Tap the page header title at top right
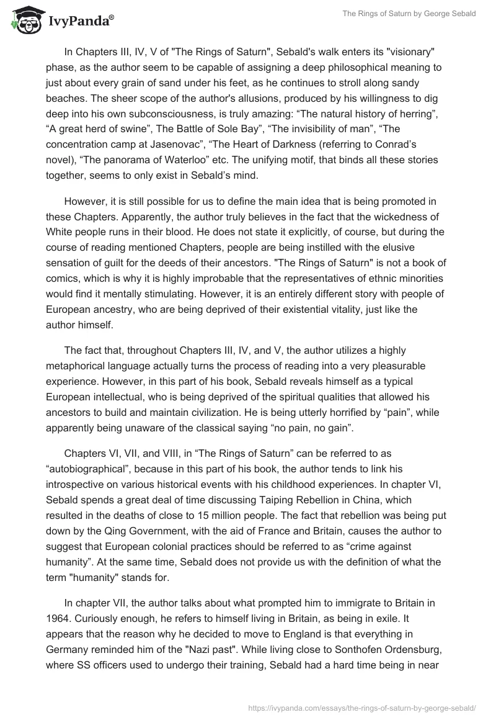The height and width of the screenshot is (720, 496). coord(409,14)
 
